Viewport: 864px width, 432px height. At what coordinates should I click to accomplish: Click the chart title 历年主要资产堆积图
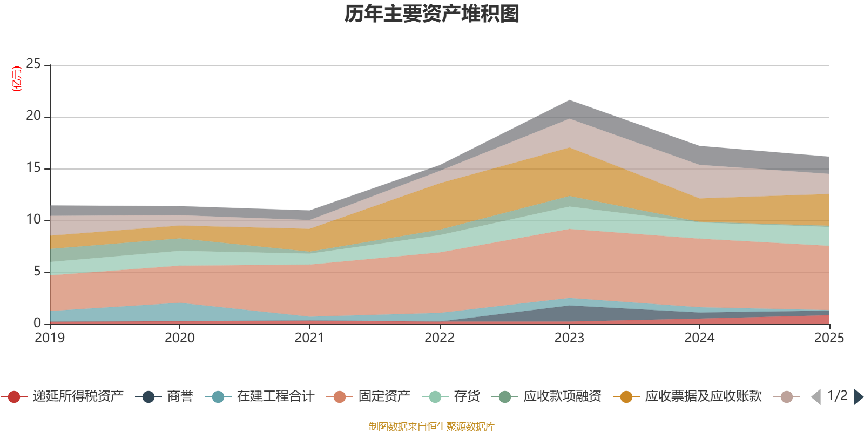click(432, 14)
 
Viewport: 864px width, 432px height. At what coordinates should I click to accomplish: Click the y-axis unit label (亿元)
click(17, 79)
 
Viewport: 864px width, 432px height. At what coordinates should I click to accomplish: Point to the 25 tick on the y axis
click(33, 64)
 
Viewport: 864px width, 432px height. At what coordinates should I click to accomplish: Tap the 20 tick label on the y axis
click(33, 116)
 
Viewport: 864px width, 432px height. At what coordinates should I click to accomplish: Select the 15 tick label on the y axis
click(33, 167)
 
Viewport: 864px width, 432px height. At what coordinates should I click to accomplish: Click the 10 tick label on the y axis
click(33, 219)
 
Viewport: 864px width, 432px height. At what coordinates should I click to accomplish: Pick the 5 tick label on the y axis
click(37, 271)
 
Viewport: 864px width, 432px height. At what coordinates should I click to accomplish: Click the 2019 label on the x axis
click(50, 338)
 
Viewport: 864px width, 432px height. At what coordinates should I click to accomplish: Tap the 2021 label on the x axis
click(309, 338)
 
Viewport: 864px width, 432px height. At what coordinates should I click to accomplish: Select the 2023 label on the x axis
click(569, 338)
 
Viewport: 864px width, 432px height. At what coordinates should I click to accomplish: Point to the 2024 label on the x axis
click(699, 338)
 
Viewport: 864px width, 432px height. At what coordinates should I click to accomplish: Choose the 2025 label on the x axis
click(829, 338)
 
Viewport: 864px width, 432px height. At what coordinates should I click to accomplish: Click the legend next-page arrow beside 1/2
click(859, 397)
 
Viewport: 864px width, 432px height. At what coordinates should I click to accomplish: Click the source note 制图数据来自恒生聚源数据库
click(432, 427)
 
